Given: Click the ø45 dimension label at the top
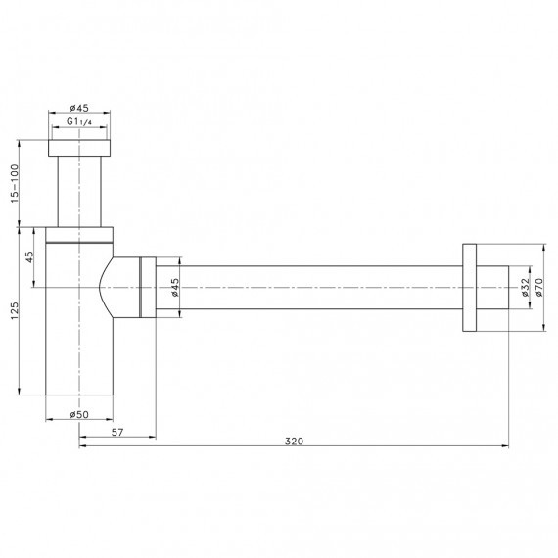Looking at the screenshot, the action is (79, 107).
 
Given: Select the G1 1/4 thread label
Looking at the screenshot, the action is (79, 121).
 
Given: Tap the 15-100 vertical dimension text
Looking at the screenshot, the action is (14, 184).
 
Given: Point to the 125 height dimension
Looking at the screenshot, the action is (15, 310).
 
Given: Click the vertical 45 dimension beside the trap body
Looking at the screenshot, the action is (30, 256).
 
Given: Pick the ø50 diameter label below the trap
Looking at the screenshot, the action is (79, 414).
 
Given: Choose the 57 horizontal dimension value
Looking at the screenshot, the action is (117, 432).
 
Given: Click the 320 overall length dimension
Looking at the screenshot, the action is (294, 442).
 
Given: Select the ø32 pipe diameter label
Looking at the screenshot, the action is (525, 287).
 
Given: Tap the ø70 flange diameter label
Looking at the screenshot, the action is (538, 287).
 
